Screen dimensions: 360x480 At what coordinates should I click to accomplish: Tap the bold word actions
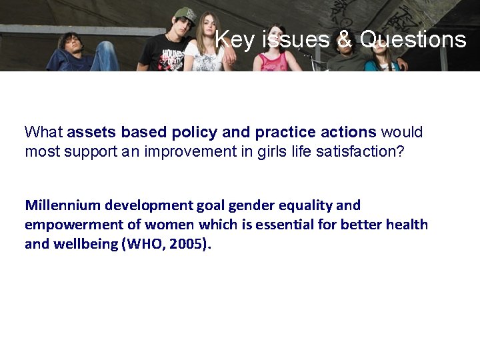349,132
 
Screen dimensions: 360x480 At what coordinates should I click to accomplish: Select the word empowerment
73,225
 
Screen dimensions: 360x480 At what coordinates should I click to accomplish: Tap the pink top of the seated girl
274,62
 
